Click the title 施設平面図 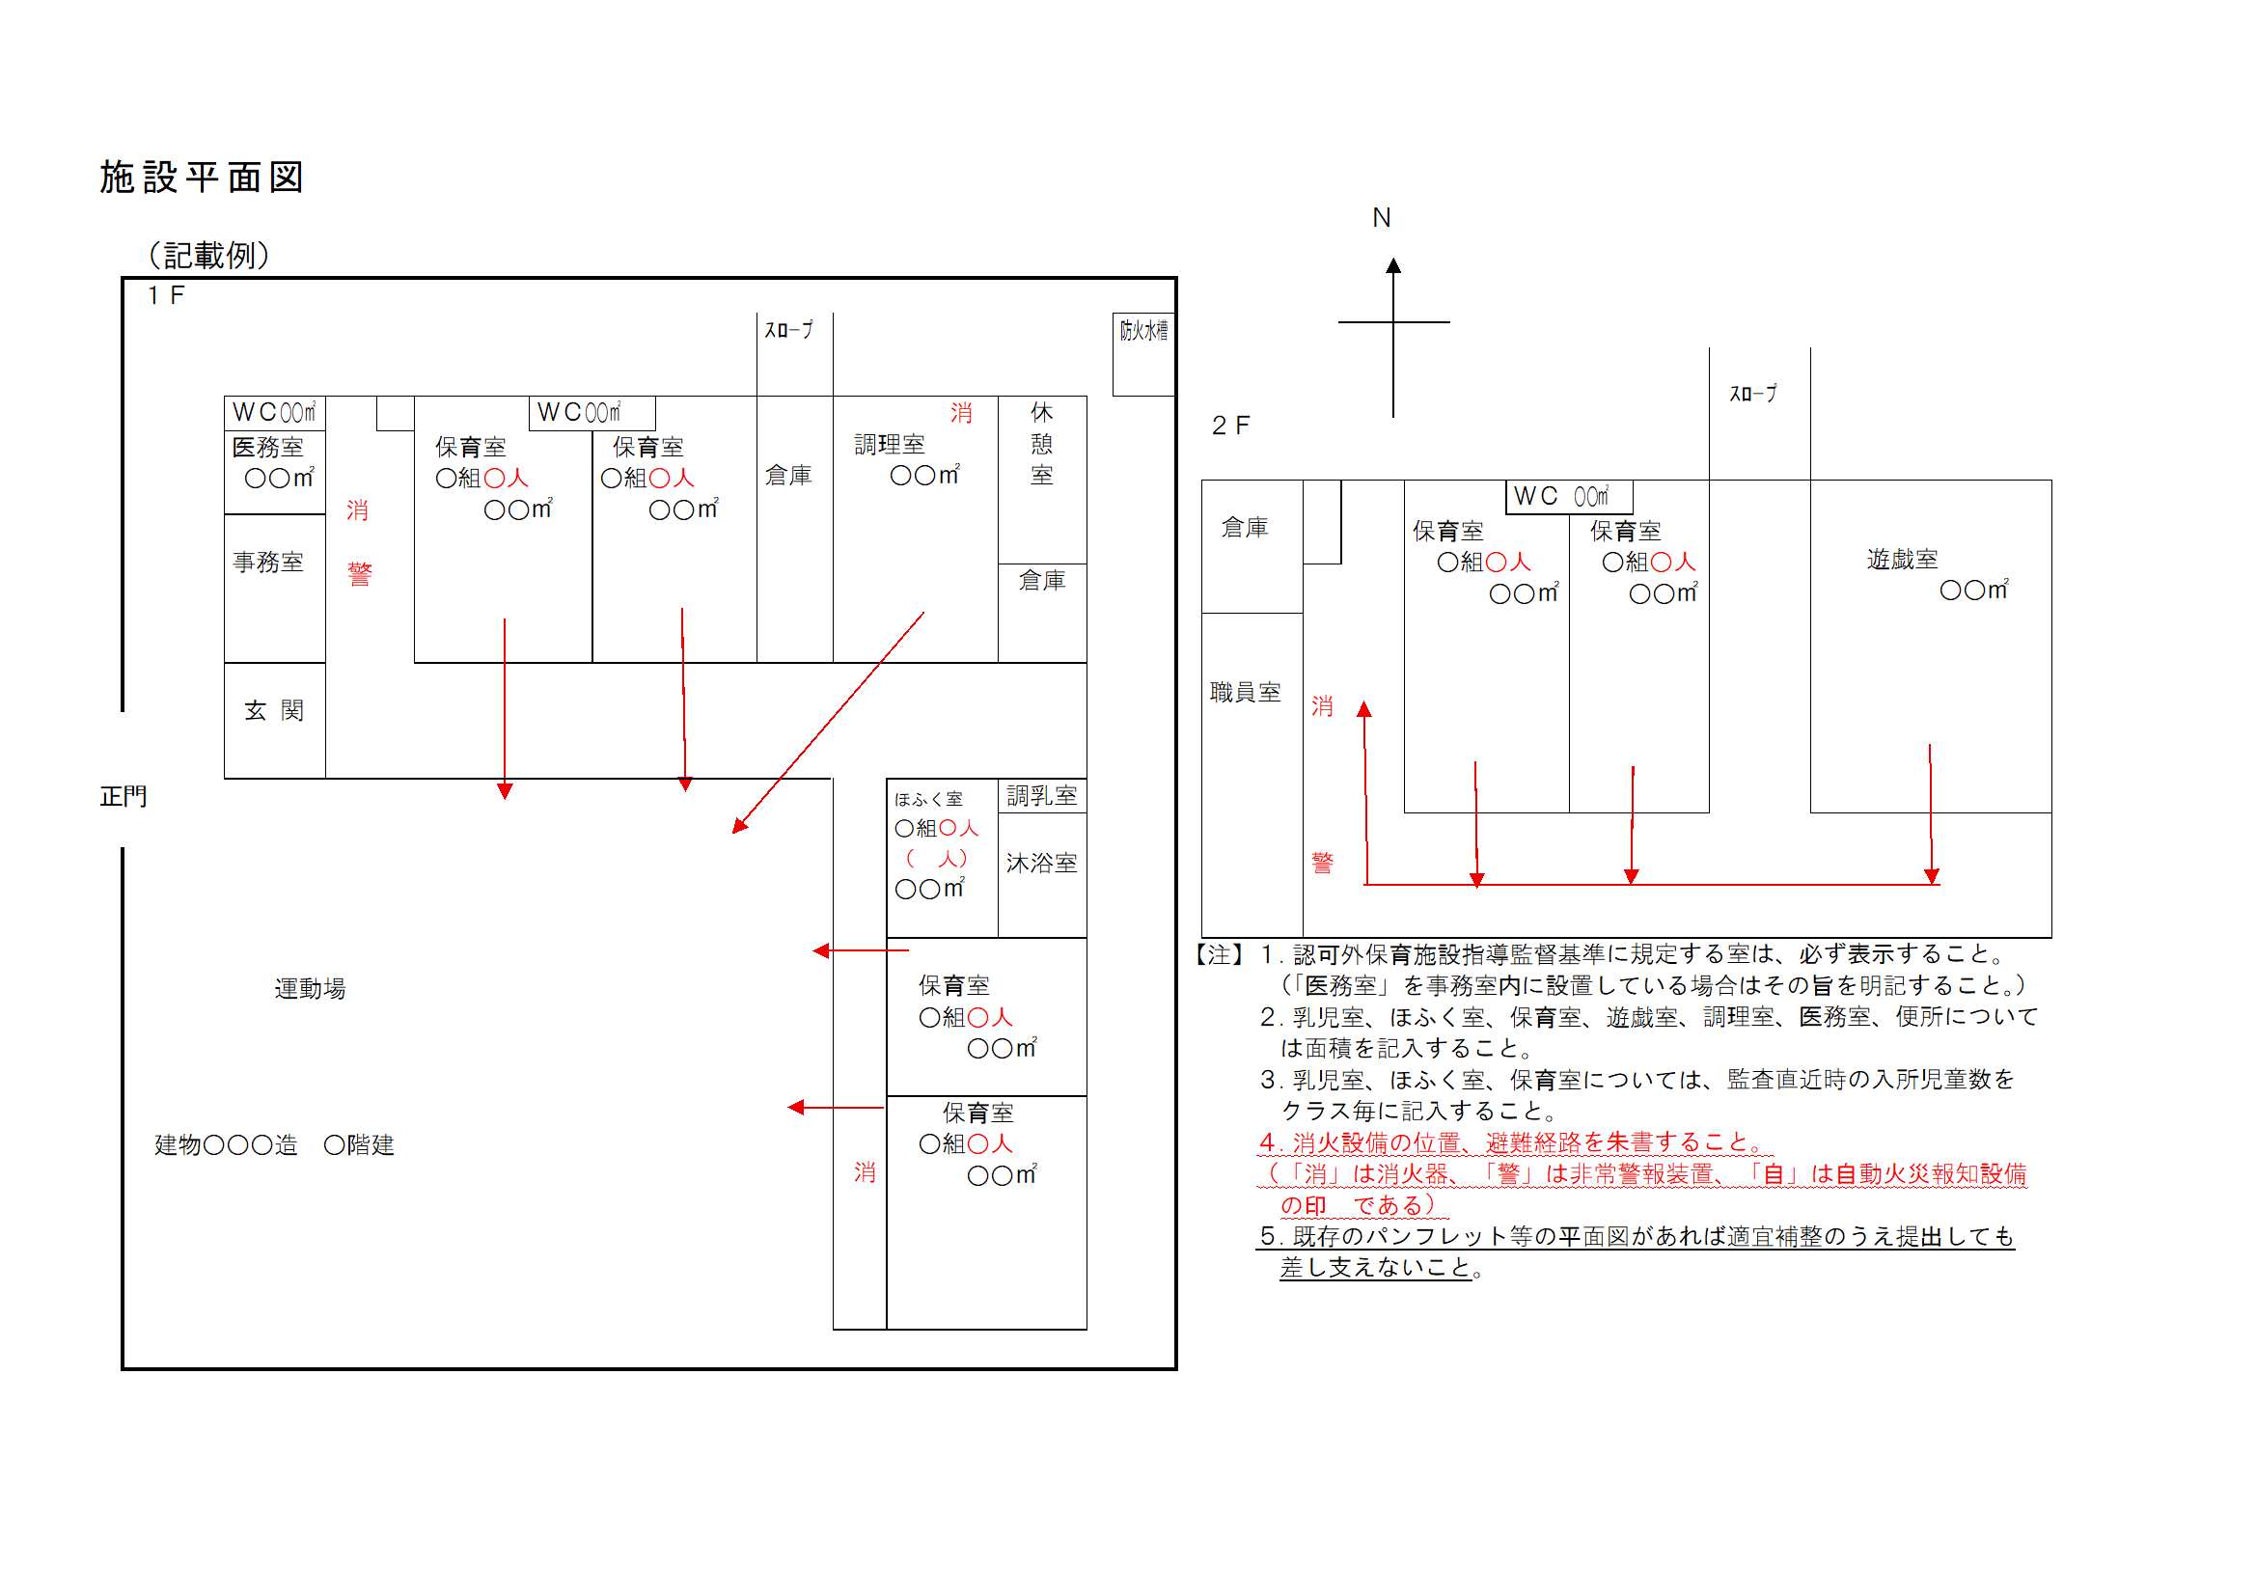(x=203, y=178)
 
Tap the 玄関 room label (x=274, y=710)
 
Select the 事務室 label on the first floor (x=268, y=563)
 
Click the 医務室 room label (x=268, y=447)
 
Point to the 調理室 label (x=890, y=445)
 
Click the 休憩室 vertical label (x=1041, y=444)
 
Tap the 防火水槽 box (x=1143, y=355)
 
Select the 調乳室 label (x=1041, y=796)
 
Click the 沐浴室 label (x=1041, y=864)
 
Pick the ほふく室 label (x=928, y=800)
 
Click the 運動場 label (x=311, y=989)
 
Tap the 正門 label (x=124, y=796)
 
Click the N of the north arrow (x=1382, y=218)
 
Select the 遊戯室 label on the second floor (x=1902, y=560)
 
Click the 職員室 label (x=1245, y=693)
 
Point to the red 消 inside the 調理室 (x=961, y=414)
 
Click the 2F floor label (x=1230, y=426)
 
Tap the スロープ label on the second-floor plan (x=1753, y=394)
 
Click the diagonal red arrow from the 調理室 (x=828, y=723)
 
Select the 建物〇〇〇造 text (x=226, y=1145)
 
